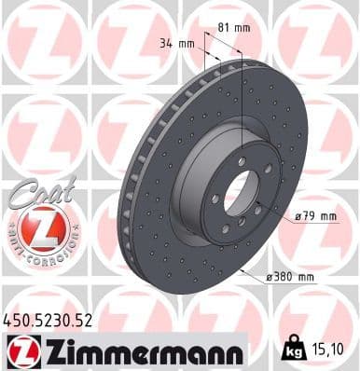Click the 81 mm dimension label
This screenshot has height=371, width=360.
coord(240,27)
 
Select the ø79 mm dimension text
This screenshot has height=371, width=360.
coord(314,217)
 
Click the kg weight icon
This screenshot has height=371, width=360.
coord(294,350)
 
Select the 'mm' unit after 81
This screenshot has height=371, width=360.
coord(247,27)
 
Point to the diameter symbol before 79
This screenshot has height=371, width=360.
coord(298,217)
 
